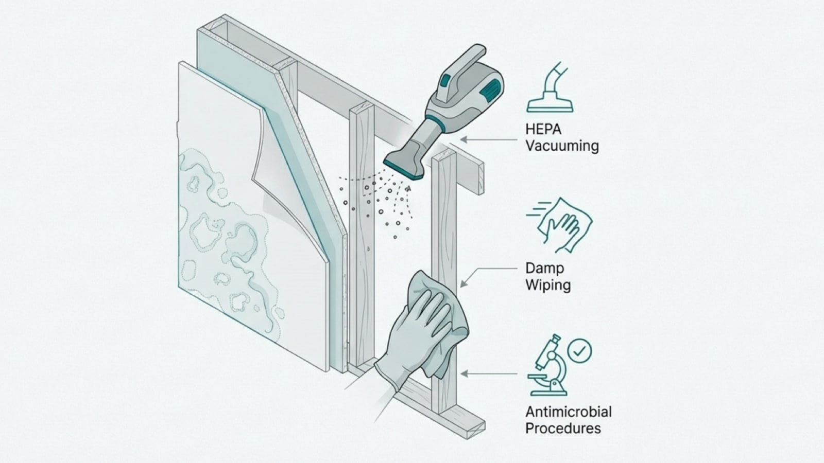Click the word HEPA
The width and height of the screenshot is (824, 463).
tap(543, 129)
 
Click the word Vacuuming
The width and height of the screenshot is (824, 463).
tap(562, 146)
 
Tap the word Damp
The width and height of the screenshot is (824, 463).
tap(544, 268)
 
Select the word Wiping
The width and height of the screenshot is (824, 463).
tap(548, 285)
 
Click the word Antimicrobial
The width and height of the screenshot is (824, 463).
tap(568, 412)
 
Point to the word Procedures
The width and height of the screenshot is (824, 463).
tap(563, 429)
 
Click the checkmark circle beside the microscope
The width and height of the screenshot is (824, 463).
tap(579, 351)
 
